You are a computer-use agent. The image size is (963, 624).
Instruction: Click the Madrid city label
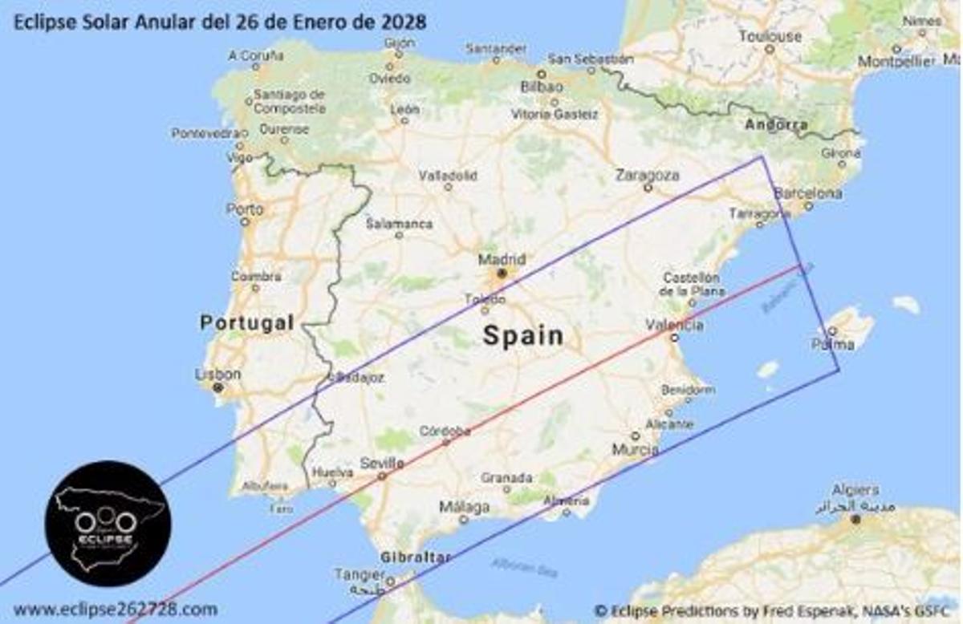[502, 260]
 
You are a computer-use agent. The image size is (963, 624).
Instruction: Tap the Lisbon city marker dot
[217, 388]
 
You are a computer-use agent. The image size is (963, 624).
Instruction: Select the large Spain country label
[522, 335]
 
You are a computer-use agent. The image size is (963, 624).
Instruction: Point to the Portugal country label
[246, 322]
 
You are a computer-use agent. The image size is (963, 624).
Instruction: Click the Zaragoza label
[647, 175]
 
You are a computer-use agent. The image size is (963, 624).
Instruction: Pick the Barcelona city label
[807, 193]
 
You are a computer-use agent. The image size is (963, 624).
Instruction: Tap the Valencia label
[675, 325]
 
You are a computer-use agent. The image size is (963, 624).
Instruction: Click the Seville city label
[382, 463]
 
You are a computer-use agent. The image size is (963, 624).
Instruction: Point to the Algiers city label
[855, 489]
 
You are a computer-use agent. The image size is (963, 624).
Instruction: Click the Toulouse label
[770, 36]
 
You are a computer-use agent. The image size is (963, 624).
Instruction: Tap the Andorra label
[776, 124]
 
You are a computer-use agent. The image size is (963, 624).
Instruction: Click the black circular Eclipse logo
[108, 523]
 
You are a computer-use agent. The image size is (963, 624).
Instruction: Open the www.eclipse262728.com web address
[115, 609]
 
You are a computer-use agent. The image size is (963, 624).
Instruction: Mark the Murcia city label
[636, 450]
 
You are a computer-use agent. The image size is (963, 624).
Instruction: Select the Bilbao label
[542, 86]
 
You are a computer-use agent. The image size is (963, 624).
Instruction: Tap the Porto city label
[245, 209]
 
